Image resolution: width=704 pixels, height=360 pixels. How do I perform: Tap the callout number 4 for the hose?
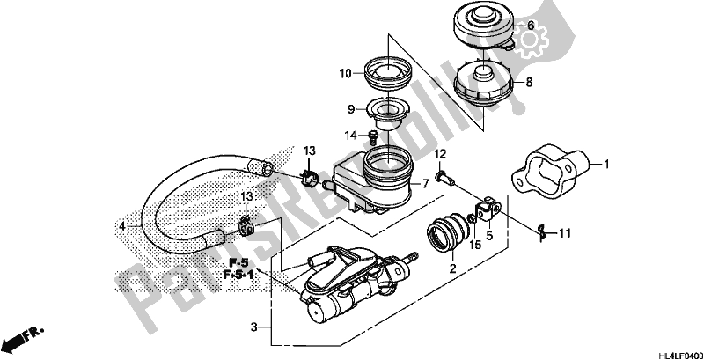[x=123, y=224]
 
